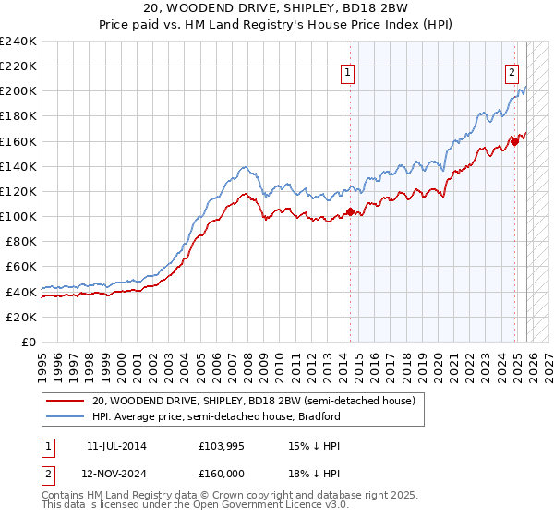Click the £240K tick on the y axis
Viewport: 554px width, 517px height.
pyautogui.click(x=18, y=42)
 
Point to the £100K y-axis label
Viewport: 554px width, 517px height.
pyautogui.click(x=18, y=216)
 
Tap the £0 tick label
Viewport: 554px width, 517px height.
pyautogui.click(x=28, y=342)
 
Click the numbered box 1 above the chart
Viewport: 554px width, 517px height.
pyautogui.click(x=348, y=75)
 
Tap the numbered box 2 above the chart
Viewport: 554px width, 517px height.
pyautogui.click(x=512, y=75)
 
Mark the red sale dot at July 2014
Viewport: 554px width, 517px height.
pyautogui.click(x=351, y=211)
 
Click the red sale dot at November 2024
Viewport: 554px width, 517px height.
pyautogui.click(x=515, y=141)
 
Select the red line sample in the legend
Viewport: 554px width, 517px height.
pyautogui.click(x=66, y=401)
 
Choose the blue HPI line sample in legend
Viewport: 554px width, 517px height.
pyautogui.click(x=66, y=416)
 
